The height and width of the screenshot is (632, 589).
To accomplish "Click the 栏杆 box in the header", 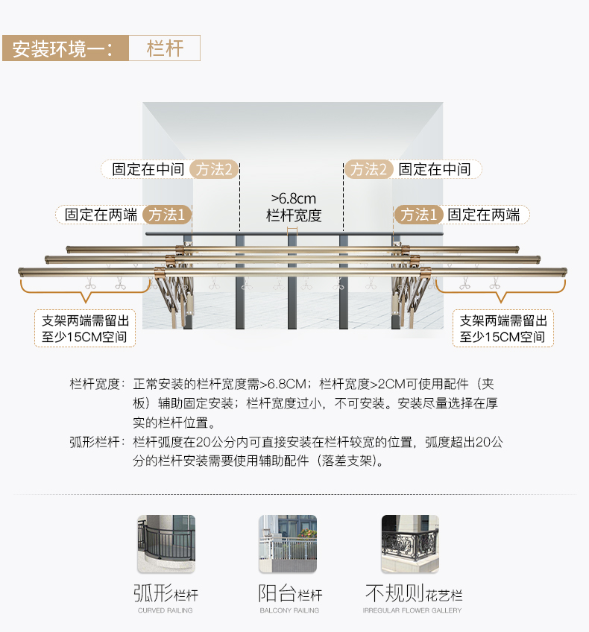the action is point(165,48).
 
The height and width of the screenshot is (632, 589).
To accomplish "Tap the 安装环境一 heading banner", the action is point(63,48).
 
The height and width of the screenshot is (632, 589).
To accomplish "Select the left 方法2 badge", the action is point(213,169).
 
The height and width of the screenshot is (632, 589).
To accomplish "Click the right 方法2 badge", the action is point(368,169).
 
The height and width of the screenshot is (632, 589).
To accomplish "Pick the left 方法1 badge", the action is point(167,215).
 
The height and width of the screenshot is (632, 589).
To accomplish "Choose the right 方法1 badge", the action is point(419,215).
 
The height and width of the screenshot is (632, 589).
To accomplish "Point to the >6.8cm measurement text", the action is point(293,198).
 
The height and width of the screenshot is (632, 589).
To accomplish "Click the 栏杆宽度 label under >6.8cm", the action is point(293,216).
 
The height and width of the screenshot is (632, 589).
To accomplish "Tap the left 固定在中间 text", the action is point(148,169).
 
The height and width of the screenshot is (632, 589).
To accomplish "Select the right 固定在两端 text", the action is point(484,215).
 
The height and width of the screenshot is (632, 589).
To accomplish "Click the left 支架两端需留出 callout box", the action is point(85,329).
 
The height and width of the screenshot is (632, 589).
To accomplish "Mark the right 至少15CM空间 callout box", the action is point(503,329).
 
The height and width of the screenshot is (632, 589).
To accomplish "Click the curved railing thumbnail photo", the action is point(166,544).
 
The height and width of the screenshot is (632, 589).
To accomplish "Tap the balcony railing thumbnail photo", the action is point(288,544).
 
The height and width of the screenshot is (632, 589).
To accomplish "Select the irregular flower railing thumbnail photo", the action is point(410,544).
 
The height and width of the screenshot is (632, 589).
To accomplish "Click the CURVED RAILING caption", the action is point(166,610).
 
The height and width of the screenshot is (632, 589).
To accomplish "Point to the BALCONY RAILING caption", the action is point(289,610).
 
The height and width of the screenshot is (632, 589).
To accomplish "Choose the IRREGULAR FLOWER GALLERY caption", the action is point(412,610).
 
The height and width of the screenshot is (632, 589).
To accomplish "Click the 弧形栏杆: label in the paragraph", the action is point(96,442).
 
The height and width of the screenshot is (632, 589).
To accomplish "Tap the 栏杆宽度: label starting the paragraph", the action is point(96,385).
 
